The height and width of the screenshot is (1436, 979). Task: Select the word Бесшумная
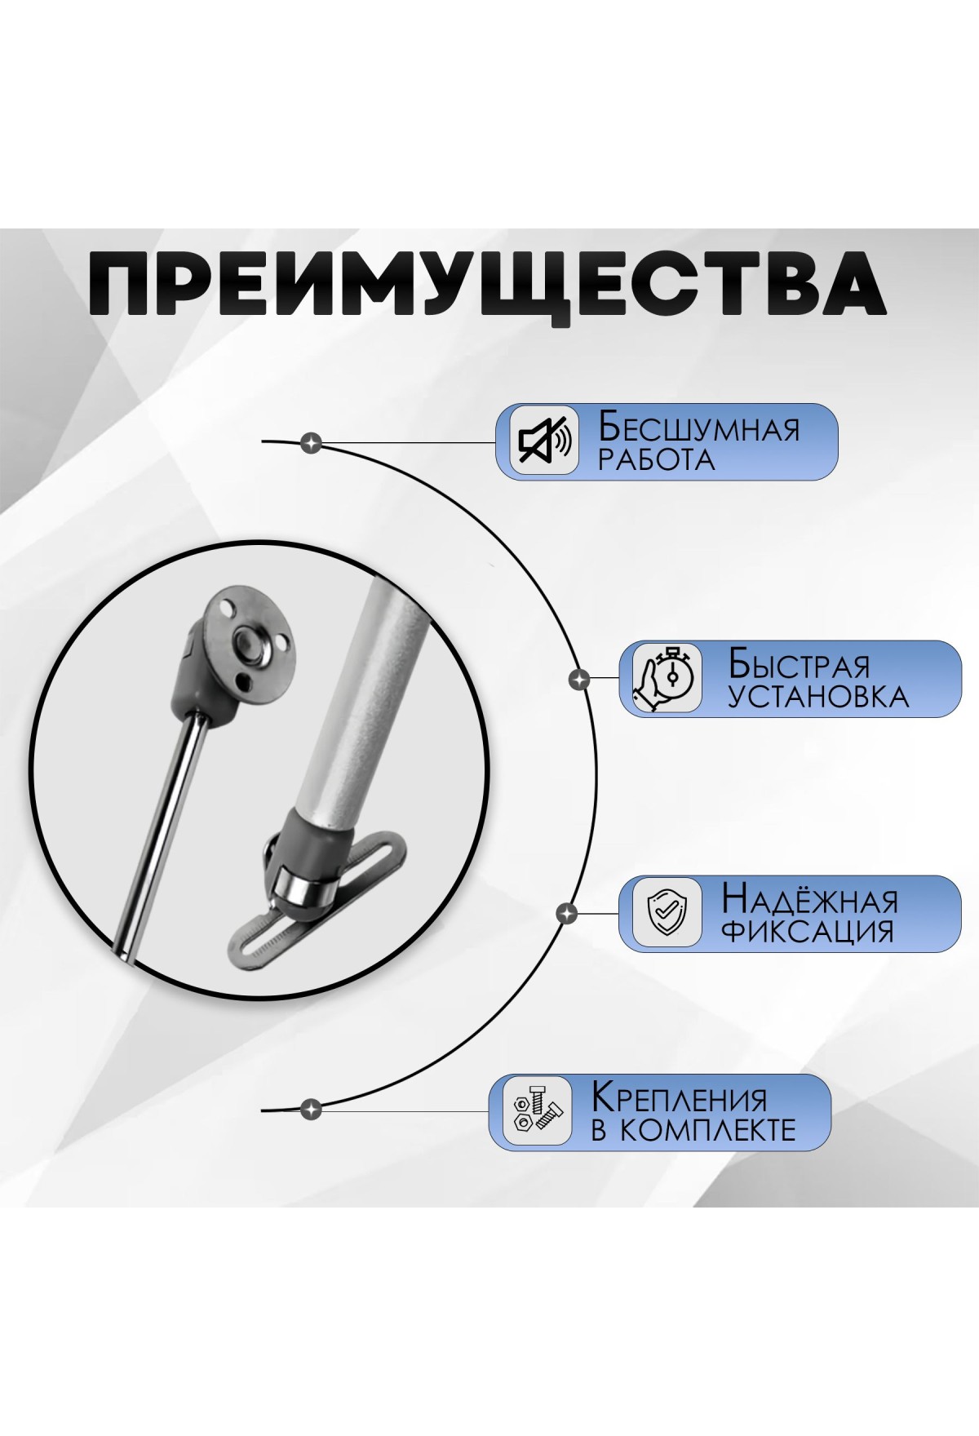[699, 428]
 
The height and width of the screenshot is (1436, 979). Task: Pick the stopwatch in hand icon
[667, 679]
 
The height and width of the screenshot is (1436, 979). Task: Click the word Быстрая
[799, 665]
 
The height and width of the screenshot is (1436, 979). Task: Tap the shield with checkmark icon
[667, 913]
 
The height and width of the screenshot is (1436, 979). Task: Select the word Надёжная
[809, 900]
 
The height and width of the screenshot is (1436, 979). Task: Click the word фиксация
[808, 933]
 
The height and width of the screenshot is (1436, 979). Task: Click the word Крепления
[680, 1099]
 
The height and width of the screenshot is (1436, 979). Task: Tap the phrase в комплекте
[693, 1131]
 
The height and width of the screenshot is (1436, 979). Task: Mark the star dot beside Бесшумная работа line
[311, 444]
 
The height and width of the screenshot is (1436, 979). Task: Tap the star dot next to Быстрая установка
[579, 678]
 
